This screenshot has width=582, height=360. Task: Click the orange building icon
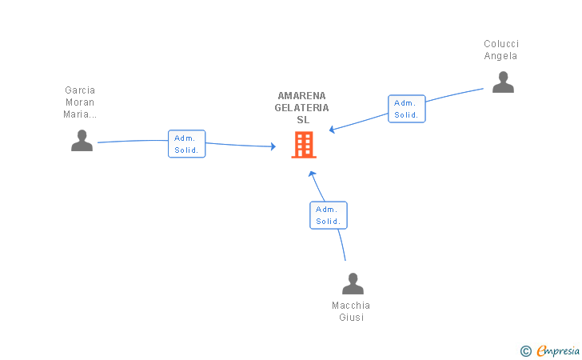pos(304,145)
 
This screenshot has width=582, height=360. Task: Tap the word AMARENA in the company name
pos(301,96)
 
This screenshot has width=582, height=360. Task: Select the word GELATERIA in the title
pos(301,108)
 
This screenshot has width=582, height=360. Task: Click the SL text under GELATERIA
pos(303,120)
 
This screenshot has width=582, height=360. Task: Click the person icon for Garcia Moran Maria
pos(82,141)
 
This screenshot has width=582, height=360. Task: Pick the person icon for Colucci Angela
pos(503,82)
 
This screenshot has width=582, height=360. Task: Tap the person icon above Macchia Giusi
pos(353,283)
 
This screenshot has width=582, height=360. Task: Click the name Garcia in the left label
pos(80,90)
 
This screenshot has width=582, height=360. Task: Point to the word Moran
pos(80,102)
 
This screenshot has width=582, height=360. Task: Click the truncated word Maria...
pos(80,114)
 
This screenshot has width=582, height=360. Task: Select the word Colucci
pos(501,44)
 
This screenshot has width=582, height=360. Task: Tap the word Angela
pos(500,56)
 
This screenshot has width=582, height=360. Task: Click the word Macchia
pos(351,306)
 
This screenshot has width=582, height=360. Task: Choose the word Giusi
pos(351,318)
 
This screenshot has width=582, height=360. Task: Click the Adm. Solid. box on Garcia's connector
pos(187,144)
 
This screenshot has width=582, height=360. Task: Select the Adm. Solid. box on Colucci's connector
pos(406,109)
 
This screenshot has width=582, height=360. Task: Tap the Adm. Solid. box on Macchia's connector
pos(329,215)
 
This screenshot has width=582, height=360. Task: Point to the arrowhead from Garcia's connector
pos(273,146)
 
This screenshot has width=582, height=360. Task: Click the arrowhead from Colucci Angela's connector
pos(332,130)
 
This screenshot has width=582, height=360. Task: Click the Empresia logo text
pos(558,350)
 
